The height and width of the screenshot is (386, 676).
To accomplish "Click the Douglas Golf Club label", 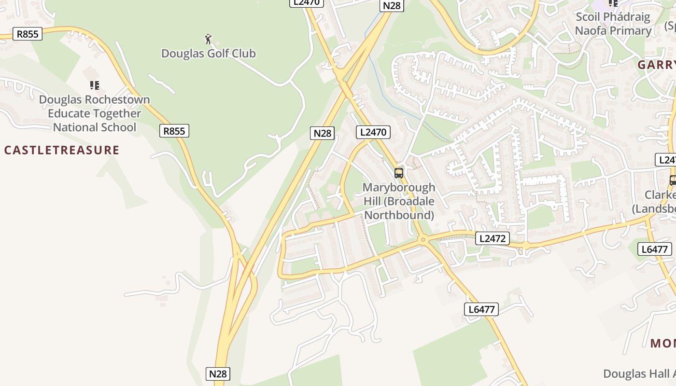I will (208, 54).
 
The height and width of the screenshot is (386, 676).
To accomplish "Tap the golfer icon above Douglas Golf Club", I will (208, 39).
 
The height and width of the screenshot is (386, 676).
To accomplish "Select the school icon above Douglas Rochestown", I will (95, 85).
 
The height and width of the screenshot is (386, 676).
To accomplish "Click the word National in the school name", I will (73, 128).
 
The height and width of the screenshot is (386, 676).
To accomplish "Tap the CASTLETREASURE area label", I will (61, 150).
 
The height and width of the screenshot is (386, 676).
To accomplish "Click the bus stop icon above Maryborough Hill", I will (398, 173).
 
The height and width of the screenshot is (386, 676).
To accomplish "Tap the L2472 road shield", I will (493, 238).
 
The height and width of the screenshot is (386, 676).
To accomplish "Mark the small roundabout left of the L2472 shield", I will (423, 239).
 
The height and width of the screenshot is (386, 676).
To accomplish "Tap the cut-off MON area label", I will (662, 344).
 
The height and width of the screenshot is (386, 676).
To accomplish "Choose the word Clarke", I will (660, 195).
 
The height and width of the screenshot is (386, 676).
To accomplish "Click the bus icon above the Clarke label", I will (673, 180).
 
